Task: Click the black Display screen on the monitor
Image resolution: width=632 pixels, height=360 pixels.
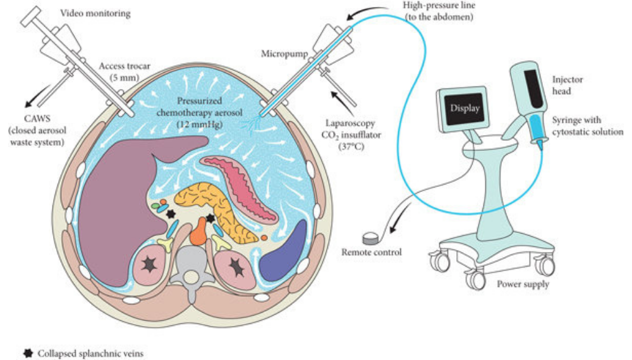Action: [465, 107]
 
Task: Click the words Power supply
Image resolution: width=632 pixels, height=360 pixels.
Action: [523, 284]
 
